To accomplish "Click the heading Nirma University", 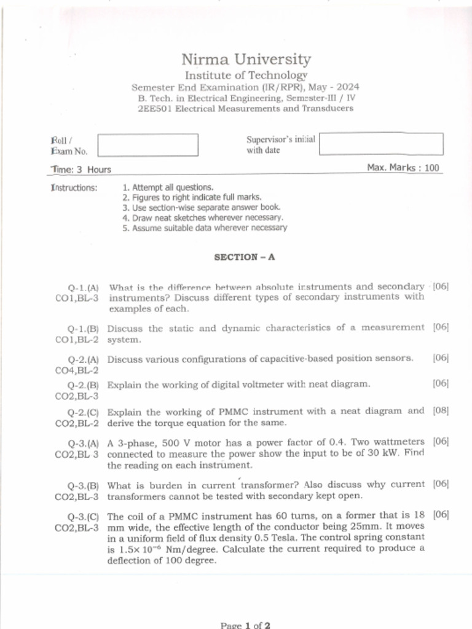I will pyautogui.click(x=246, y=60).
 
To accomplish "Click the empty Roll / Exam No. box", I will pyautogui.click(x=148, y=145).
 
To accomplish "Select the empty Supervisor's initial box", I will pyautogui.click(x=380, y=144).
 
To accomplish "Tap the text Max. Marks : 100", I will pyautogui.click(x=403, y=168).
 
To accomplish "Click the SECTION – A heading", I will pyautogui.click(x=244, y=257).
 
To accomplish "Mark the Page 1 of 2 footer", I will pyautogui.click(x=245, y=625).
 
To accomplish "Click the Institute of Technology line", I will pyautogui.click(x=246, y=75).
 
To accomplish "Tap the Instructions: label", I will pyautogui.click(x=74, y=187).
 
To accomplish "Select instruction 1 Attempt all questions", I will pyautogui.click(x=168, y=187).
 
